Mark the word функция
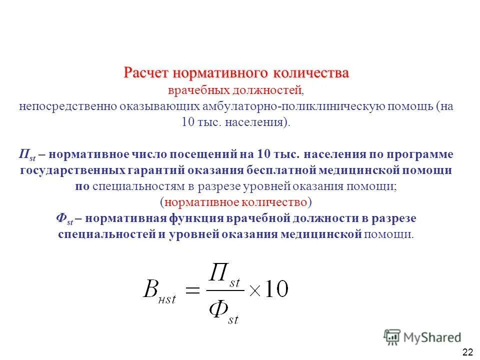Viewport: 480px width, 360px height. click(197, 218)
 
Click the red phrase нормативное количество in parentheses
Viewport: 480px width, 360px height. click(236, 202)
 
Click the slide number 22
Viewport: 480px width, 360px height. click(468, 352)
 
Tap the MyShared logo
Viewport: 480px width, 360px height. click(422, 337)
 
